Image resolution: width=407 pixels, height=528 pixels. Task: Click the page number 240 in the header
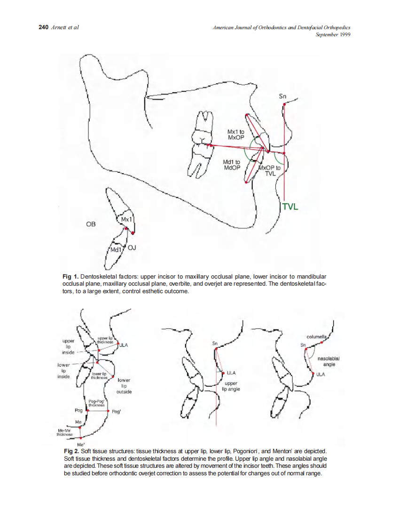point(43,28)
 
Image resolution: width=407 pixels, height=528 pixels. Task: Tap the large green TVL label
point(290,207)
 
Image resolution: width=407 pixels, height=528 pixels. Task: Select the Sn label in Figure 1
point(282,96)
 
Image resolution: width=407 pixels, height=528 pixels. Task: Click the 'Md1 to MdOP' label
point(231,165)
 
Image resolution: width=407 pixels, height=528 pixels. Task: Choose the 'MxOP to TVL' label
point(270,170)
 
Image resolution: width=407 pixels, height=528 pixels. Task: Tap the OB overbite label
point(91,224)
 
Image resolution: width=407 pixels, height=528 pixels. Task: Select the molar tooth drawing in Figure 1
point(200,144)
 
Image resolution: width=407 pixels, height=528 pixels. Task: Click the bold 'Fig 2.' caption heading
point(71,451)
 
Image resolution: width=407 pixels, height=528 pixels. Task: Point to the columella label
point(316,337)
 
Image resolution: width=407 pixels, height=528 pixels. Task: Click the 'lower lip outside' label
point(124,385)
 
